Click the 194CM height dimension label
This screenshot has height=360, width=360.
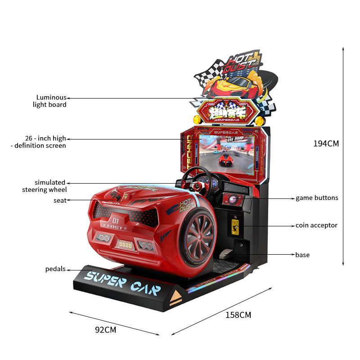click(x=326, y=144)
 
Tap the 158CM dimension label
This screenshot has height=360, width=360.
click(x=238, y=315)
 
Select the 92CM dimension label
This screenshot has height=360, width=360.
click(x=105, y=330)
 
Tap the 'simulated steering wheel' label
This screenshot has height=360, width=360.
click(x=45, y=186)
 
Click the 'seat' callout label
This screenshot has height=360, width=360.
click(x=60, y=200)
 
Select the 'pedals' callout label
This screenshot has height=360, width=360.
click(x=55, y=269)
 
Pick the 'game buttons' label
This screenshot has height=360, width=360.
click(x=317, y=198)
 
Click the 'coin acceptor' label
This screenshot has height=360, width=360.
click(x=316, y=225)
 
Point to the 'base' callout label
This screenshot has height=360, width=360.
click(x=302, y=255)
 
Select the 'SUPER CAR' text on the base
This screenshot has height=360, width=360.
click(x=121, y=282)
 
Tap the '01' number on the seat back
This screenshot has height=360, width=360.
click(x=116, y=221)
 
